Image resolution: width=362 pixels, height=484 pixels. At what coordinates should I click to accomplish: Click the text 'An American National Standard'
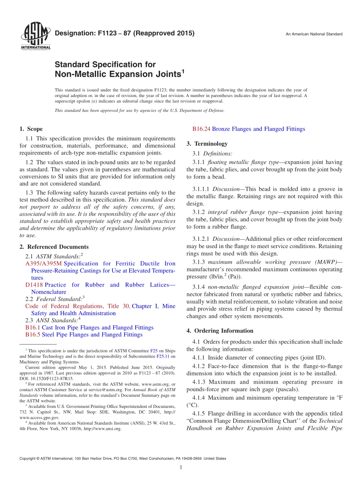314,34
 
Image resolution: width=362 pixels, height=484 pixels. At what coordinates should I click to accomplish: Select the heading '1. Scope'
31,129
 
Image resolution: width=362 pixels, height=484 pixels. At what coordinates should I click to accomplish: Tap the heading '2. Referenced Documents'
54,247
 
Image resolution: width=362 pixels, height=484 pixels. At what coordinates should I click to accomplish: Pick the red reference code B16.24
202,129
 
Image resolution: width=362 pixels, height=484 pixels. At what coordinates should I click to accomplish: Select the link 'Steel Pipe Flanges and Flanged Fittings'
92,335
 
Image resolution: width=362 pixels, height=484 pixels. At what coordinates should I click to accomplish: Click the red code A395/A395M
43,264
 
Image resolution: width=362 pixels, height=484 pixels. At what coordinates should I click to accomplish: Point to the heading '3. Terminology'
207,144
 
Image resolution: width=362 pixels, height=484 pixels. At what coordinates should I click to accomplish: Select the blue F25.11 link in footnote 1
162,357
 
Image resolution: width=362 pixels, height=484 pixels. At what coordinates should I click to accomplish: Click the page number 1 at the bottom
181,468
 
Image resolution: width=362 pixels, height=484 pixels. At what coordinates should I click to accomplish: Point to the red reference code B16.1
33,328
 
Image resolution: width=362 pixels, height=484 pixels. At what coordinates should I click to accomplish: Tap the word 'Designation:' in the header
73,33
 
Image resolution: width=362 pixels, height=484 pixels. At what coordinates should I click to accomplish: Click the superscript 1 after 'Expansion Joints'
183,71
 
